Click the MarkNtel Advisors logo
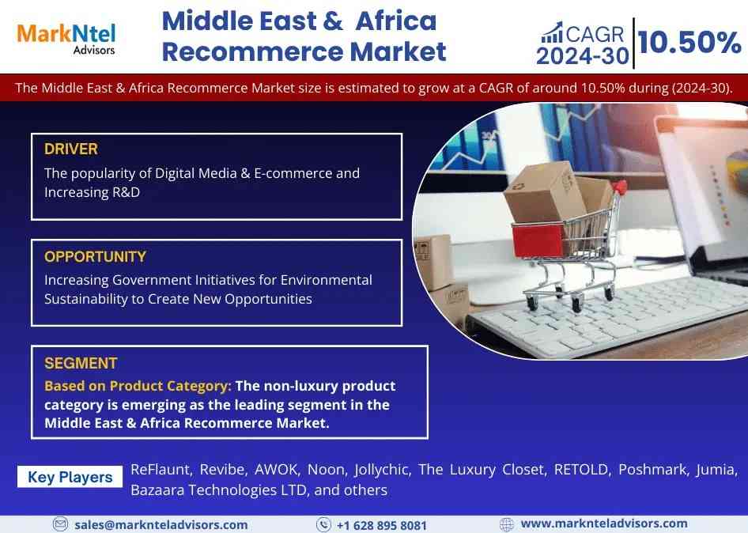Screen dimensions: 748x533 [x=66, y=39]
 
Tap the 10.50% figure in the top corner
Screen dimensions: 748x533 [x=689, y=43]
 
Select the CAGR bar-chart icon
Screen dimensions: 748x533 [x=552, y=33]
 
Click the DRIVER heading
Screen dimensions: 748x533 [x=71, y=149]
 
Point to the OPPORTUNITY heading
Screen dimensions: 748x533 [x=96, y=257]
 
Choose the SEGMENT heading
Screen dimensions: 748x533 [x=81, y=363]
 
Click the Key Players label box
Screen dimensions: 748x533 [x=70, y=477]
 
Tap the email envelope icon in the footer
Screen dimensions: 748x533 [x=60, y=524]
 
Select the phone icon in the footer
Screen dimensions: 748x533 [x=323, y=524]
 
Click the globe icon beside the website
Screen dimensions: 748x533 [x=507, y=524]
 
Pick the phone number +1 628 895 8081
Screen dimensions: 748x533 [x=382, y=525]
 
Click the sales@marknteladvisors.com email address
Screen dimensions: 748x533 [x=161, y=525]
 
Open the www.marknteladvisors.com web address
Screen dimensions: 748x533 [x=604, y=524]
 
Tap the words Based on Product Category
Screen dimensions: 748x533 [x=138, y=386]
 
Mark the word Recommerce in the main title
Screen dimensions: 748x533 [x=252, y=51]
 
